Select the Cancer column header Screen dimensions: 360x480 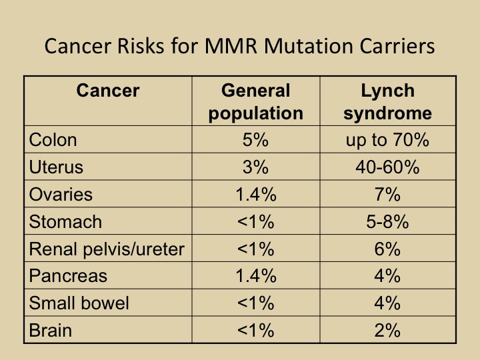tap(108, 90)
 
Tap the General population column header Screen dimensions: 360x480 tap(255, 101)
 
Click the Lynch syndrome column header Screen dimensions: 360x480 tap(387, 101)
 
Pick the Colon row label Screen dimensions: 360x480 tap(53, 140)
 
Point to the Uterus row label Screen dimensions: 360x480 tap(56, 167)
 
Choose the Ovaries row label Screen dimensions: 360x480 tap(61, 195)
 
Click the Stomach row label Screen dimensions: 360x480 tap(65, 221)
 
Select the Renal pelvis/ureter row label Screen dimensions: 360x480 tap(107, 249)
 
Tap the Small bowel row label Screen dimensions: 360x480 tap(79, 303)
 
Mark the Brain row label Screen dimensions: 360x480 tap(51, 330)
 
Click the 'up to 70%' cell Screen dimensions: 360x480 tap(387, 140)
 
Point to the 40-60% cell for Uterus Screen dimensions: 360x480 tap(387, 167)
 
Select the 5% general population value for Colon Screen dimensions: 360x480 tap(255, 140)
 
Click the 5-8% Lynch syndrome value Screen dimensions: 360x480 tap(387, 221)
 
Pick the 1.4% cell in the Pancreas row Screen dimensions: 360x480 tap(255, 275)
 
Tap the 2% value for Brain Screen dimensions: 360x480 tap(387, 330)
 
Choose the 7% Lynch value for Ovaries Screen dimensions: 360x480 tap(387, 195)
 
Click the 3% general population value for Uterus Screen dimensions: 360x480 tap(255, 167)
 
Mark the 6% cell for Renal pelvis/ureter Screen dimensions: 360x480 tap(387, 249)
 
